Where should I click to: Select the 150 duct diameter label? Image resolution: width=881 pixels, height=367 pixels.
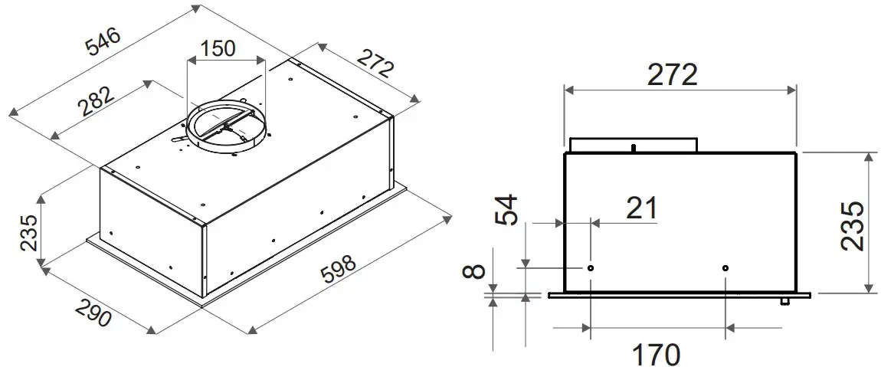[217, 48]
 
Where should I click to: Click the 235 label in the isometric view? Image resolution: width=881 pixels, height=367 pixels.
[28, 233]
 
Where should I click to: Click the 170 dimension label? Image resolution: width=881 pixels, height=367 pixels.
[656, 354]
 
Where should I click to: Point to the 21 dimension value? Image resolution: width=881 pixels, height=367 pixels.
[641, 208]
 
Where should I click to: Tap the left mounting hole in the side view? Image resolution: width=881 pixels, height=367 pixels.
[591, 268]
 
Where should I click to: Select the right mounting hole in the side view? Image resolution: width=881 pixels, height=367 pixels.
[725, 268]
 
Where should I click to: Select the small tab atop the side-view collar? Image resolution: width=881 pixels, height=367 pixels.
[634, 145]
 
